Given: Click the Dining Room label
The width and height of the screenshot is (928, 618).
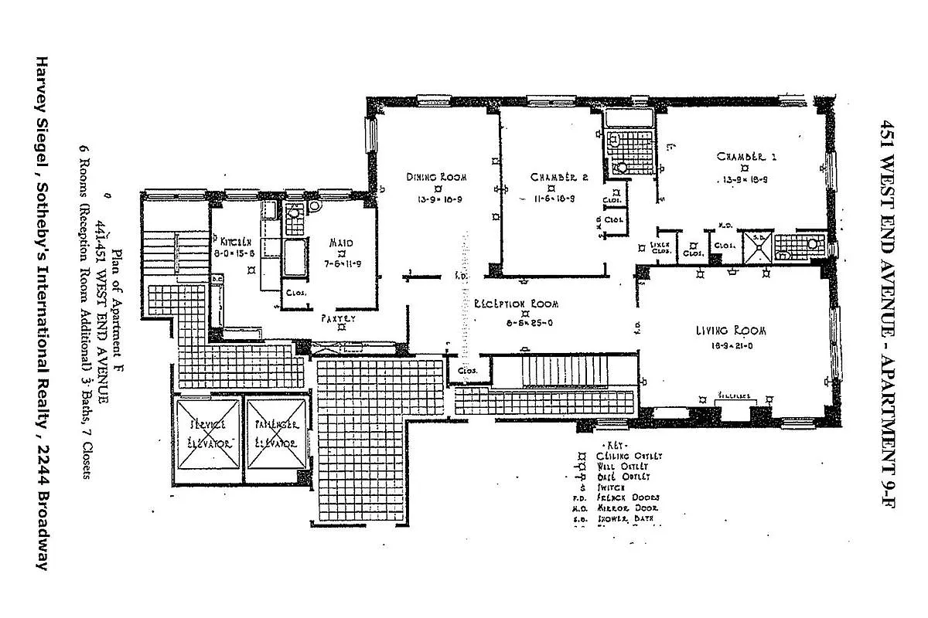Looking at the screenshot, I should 437,177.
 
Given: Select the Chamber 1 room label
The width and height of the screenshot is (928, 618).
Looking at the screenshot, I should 745,156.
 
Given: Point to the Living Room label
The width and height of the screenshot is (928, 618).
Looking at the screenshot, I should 730,331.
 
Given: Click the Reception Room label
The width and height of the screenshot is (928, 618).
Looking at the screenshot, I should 517,304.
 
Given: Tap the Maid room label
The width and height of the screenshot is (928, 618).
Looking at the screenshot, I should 341,243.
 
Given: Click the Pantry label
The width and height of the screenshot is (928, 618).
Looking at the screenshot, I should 338,317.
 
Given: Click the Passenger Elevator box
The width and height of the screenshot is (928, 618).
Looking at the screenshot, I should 275,435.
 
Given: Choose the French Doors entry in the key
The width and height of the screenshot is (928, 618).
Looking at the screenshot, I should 623,498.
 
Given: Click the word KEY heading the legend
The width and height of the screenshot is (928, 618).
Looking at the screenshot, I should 616,446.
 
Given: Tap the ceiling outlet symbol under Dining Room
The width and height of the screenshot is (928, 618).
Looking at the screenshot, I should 438,188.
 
